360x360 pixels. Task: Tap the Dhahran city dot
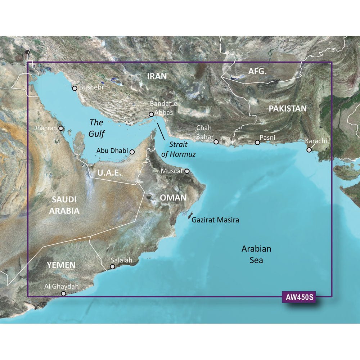point(61,128)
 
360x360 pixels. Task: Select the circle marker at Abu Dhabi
point(132,152)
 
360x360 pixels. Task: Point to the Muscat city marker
point(187,171)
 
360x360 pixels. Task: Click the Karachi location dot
point(309,150)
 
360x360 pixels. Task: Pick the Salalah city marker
point(113,267)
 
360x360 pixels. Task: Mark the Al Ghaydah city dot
point(64,294)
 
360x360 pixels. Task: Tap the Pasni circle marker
point(257,143)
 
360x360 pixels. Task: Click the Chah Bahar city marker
point(216,142)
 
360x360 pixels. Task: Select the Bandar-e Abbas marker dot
point(151,114)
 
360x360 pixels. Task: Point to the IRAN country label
point(157,76)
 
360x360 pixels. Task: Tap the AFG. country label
point(257,72)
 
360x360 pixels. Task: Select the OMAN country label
point(173,197)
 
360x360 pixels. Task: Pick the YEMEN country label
point(61,265)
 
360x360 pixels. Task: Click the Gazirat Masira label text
point(215,220)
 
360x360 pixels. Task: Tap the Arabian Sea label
point(256,254)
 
